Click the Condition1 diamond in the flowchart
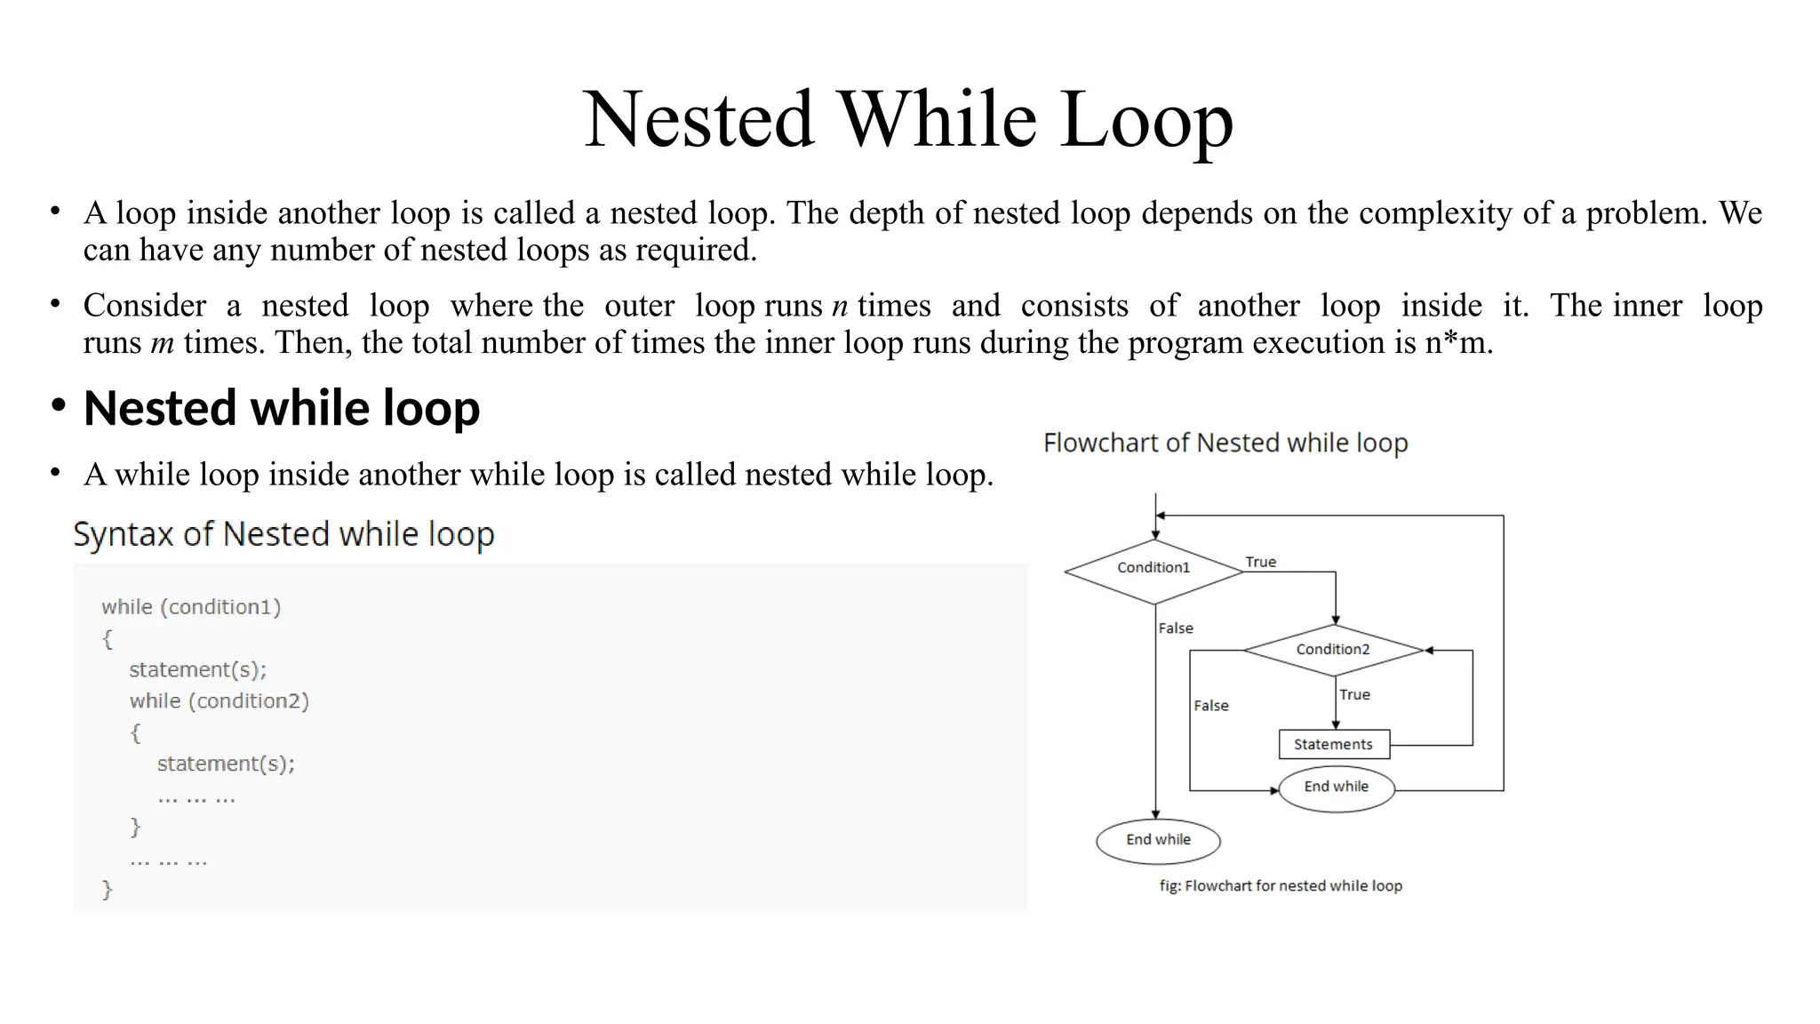pos(1153,569)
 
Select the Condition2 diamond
pos(1333,650)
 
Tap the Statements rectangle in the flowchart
pos(1333,745)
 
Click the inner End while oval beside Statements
pos(1336,788)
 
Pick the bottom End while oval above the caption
pos(1158,840)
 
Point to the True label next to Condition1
pos(1260,562)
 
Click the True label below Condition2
pos(1354,694)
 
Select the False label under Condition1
pos(1175,628)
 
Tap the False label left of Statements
pos(1210,706)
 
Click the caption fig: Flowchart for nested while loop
pos(1281,886)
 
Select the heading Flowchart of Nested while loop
pos(1225,443)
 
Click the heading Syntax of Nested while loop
pos(283,534)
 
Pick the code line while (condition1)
pos(191,607)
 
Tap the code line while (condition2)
pos(219,701)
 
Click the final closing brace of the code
pos(108,889)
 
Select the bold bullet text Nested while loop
pos(282,409)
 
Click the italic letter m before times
pos(162,343)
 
